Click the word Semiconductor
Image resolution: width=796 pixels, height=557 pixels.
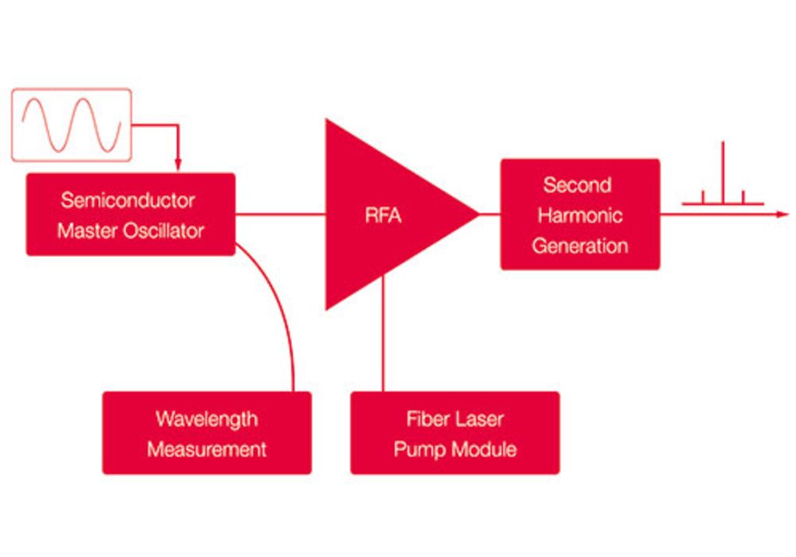[128, 200]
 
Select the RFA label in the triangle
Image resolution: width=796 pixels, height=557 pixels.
[383, 215]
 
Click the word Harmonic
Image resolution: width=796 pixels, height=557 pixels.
[580, 215]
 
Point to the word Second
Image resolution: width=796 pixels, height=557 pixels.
[578, 185]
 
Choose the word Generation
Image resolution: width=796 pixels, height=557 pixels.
[580, 245]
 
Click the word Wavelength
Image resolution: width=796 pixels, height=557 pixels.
[207, 419]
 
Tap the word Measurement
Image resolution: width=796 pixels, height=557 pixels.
[207, 450]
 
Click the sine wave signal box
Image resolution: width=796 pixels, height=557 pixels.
[72, 125]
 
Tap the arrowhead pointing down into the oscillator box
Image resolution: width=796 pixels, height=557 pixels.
[178, 165]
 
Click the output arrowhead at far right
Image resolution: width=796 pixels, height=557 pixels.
[783, 214]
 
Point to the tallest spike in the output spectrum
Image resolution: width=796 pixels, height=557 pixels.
[723, 172]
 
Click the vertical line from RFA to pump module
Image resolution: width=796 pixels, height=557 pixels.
[382, 333]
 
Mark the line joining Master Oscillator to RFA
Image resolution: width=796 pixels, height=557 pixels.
[280, 214]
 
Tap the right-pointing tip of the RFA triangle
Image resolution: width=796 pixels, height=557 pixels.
[479, 214]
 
